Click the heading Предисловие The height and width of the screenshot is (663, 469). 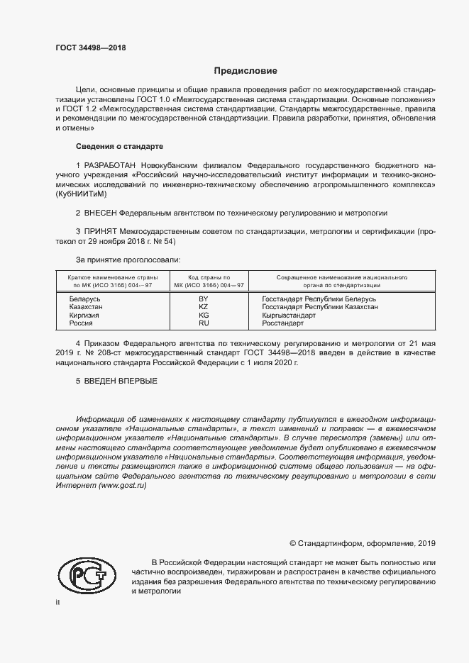245,71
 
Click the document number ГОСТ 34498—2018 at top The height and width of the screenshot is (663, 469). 90,48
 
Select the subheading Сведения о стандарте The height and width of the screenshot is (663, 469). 119,147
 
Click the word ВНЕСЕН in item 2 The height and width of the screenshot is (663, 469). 99,213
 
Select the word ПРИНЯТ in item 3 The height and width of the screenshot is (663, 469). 99,231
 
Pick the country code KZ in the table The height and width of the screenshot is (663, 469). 204,307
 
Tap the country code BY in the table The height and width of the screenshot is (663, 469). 204,299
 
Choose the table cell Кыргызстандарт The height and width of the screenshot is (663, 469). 289,315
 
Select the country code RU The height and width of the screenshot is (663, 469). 204,323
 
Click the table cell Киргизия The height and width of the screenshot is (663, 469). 85,315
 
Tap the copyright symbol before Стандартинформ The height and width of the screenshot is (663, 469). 293,543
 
